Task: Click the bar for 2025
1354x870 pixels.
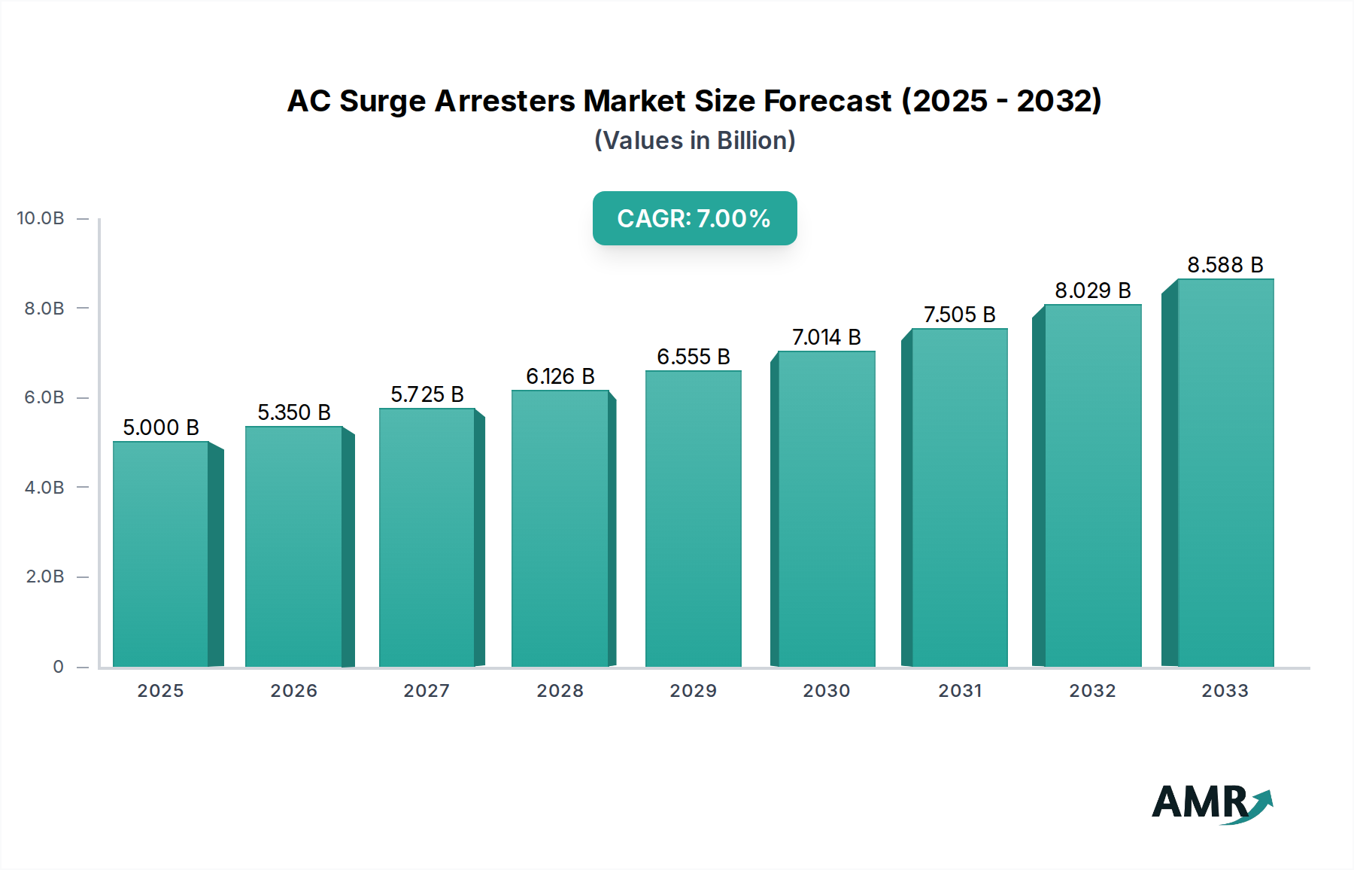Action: click(x=161, y=554)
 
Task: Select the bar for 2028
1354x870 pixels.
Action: click(x=560, y=528)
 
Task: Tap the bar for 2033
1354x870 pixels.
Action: click(x=1225, y=473)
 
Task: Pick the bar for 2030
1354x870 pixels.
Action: click(x=826, y=509)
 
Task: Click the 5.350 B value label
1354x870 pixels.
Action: click(x=294, y=412)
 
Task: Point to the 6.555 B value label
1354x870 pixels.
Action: click(x=693, y=357)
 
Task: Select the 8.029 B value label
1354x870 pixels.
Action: click(x=1092, y=291)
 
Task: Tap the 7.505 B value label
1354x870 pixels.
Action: click(x=959, y=315)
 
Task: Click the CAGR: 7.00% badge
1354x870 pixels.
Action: click(x=694, y=218)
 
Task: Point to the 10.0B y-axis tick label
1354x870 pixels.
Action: click(x=41, y=218)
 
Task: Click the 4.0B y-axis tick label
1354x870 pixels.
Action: click(x=44, y=488)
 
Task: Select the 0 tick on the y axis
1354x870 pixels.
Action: click(x=58, y=667)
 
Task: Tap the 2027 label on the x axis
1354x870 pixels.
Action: click(x=427, y=691)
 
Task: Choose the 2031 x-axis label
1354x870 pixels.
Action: click(x=960, y=691)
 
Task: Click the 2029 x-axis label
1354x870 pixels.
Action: click(x=693, y=691)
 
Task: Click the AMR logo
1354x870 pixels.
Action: click(x=1211, y=803)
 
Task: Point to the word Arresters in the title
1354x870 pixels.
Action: click(x=504, y=101)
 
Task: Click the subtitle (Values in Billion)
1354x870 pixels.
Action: click(x=694, y=141)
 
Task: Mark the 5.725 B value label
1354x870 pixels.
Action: click(x=427, y=394)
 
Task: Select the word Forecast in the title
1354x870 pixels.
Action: click(x=827, y=101)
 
